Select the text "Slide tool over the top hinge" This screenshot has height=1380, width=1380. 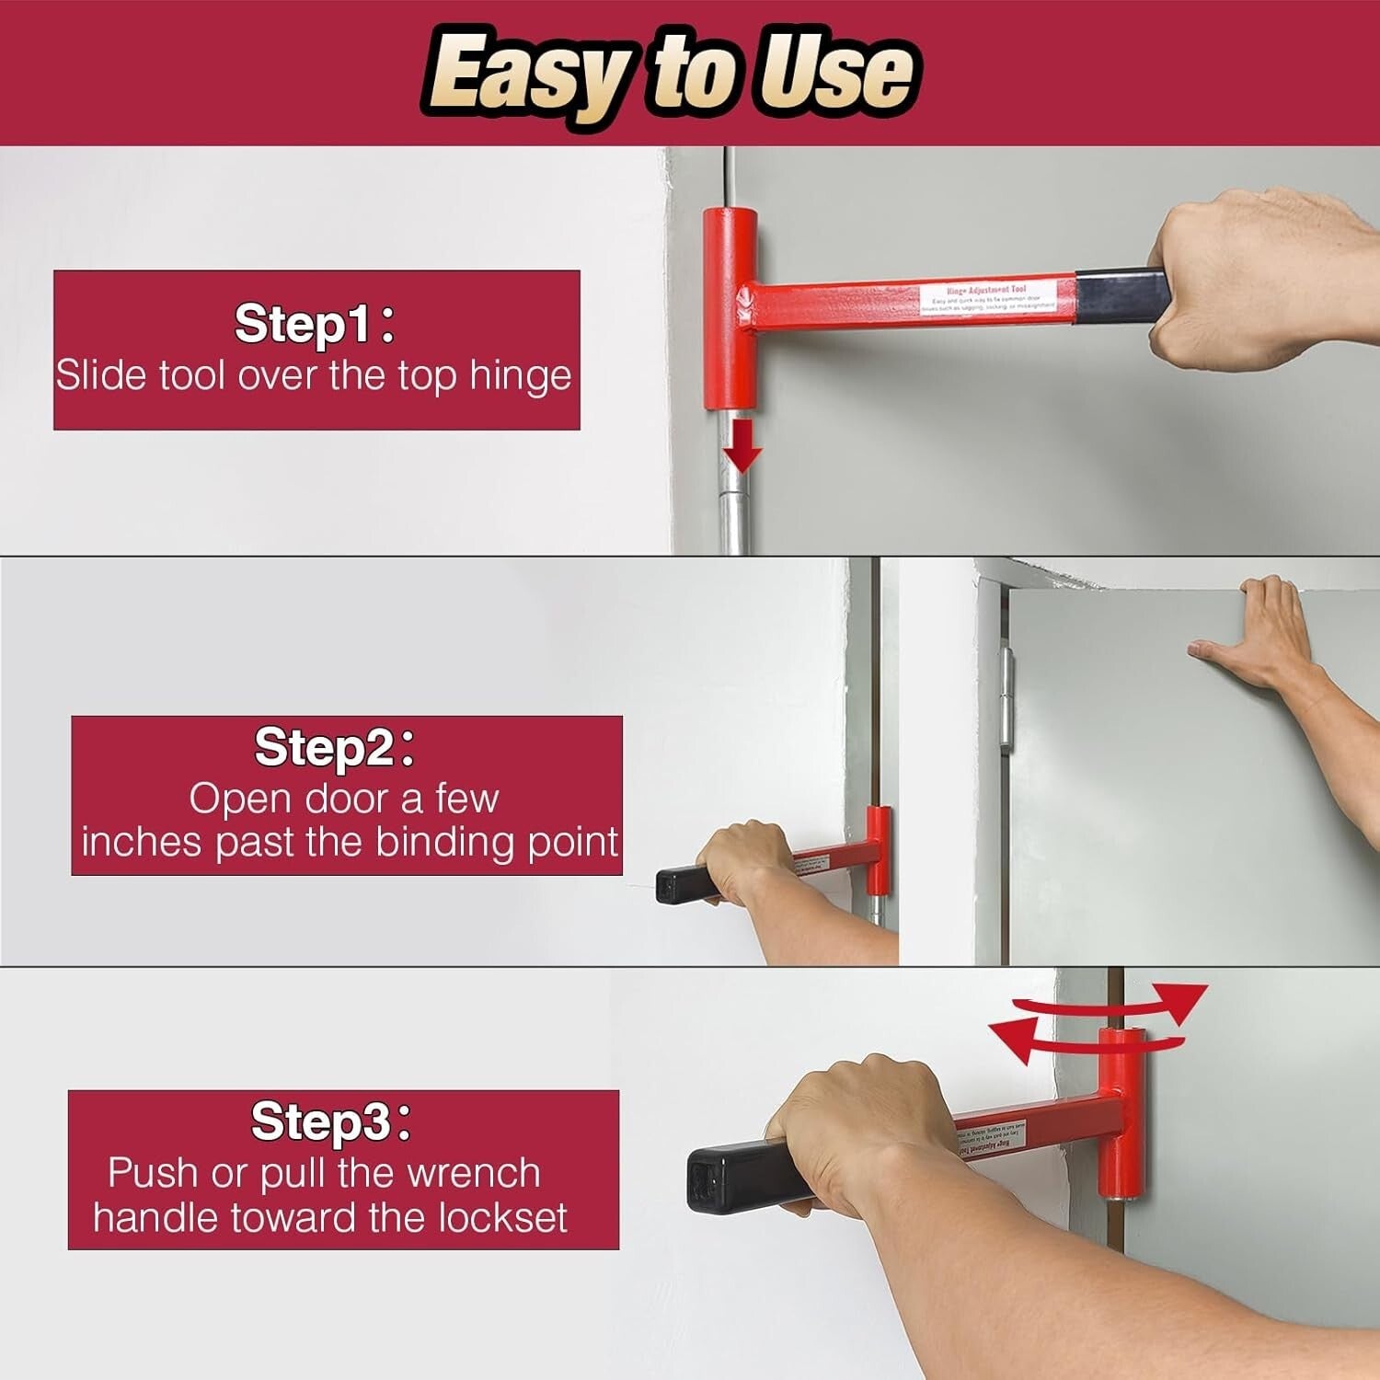click(x=314, y=376)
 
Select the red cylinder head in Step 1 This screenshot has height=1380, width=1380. click(x=730, y=308)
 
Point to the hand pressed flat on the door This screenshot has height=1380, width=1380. click(x=1260, y=635)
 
